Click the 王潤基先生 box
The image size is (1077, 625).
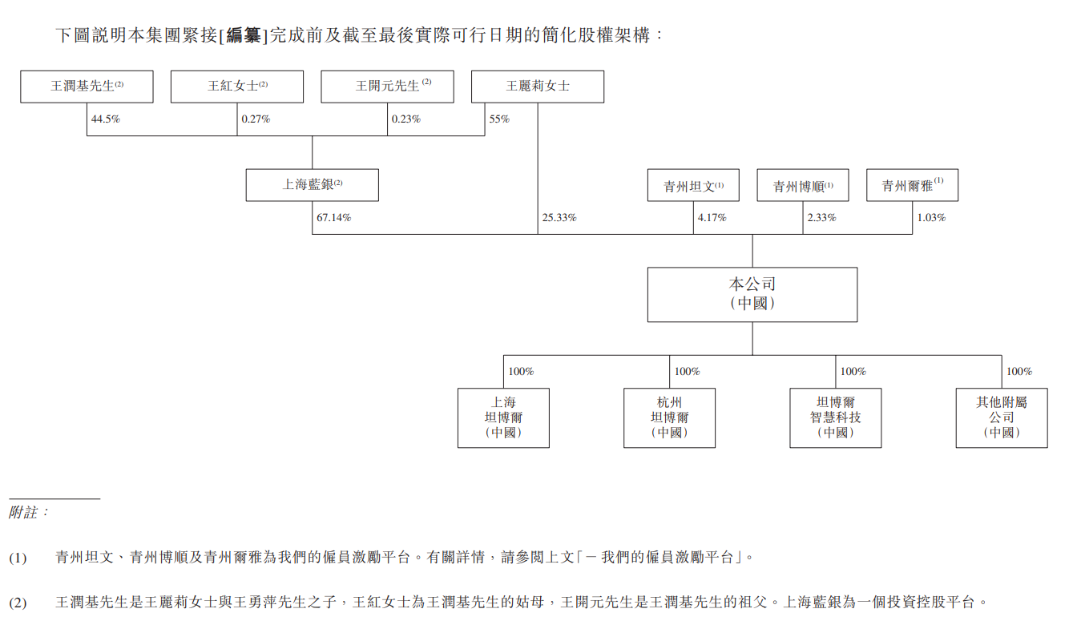87,87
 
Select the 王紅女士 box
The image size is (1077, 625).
237,87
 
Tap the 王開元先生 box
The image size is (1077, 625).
387,87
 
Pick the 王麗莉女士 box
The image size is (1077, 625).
538,87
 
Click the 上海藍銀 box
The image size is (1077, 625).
312,185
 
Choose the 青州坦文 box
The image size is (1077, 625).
693,185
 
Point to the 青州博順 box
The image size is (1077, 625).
803,185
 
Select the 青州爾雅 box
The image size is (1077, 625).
912,185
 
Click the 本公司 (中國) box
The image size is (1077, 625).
752,294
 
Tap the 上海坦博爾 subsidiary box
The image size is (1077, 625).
503,417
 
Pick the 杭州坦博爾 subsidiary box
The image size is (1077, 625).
669,417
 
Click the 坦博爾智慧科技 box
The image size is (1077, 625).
835,417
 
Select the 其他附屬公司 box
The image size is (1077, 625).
1001,417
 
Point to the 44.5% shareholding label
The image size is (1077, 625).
106,119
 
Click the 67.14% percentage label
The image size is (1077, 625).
333,218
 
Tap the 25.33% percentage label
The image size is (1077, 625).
559,218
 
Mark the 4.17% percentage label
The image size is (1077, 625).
712,218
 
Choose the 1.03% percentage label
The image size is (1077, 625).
930,218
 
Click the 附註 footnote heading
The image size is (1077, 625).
29,512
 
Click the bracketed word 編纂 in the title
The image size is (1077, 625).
244,35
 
